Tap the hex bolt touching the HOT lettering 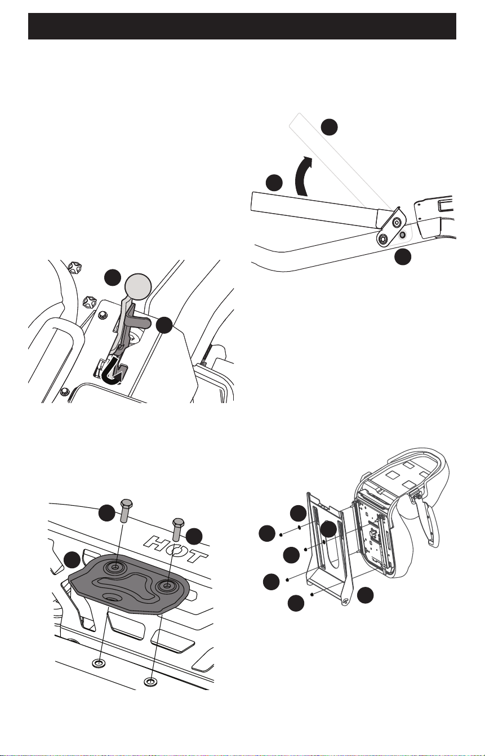[x=178, y=529]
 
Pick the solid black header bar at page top [x=242, y=26]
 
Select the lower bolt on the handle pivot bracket [x=383, y=239]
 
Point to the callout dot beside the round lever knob [x=113, y=277]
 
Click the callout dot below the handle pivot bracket [x=403, y=257]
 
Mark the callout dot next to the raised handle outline [x=329, y=127]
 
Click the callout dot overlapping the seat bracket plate [x=328, y=529]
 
